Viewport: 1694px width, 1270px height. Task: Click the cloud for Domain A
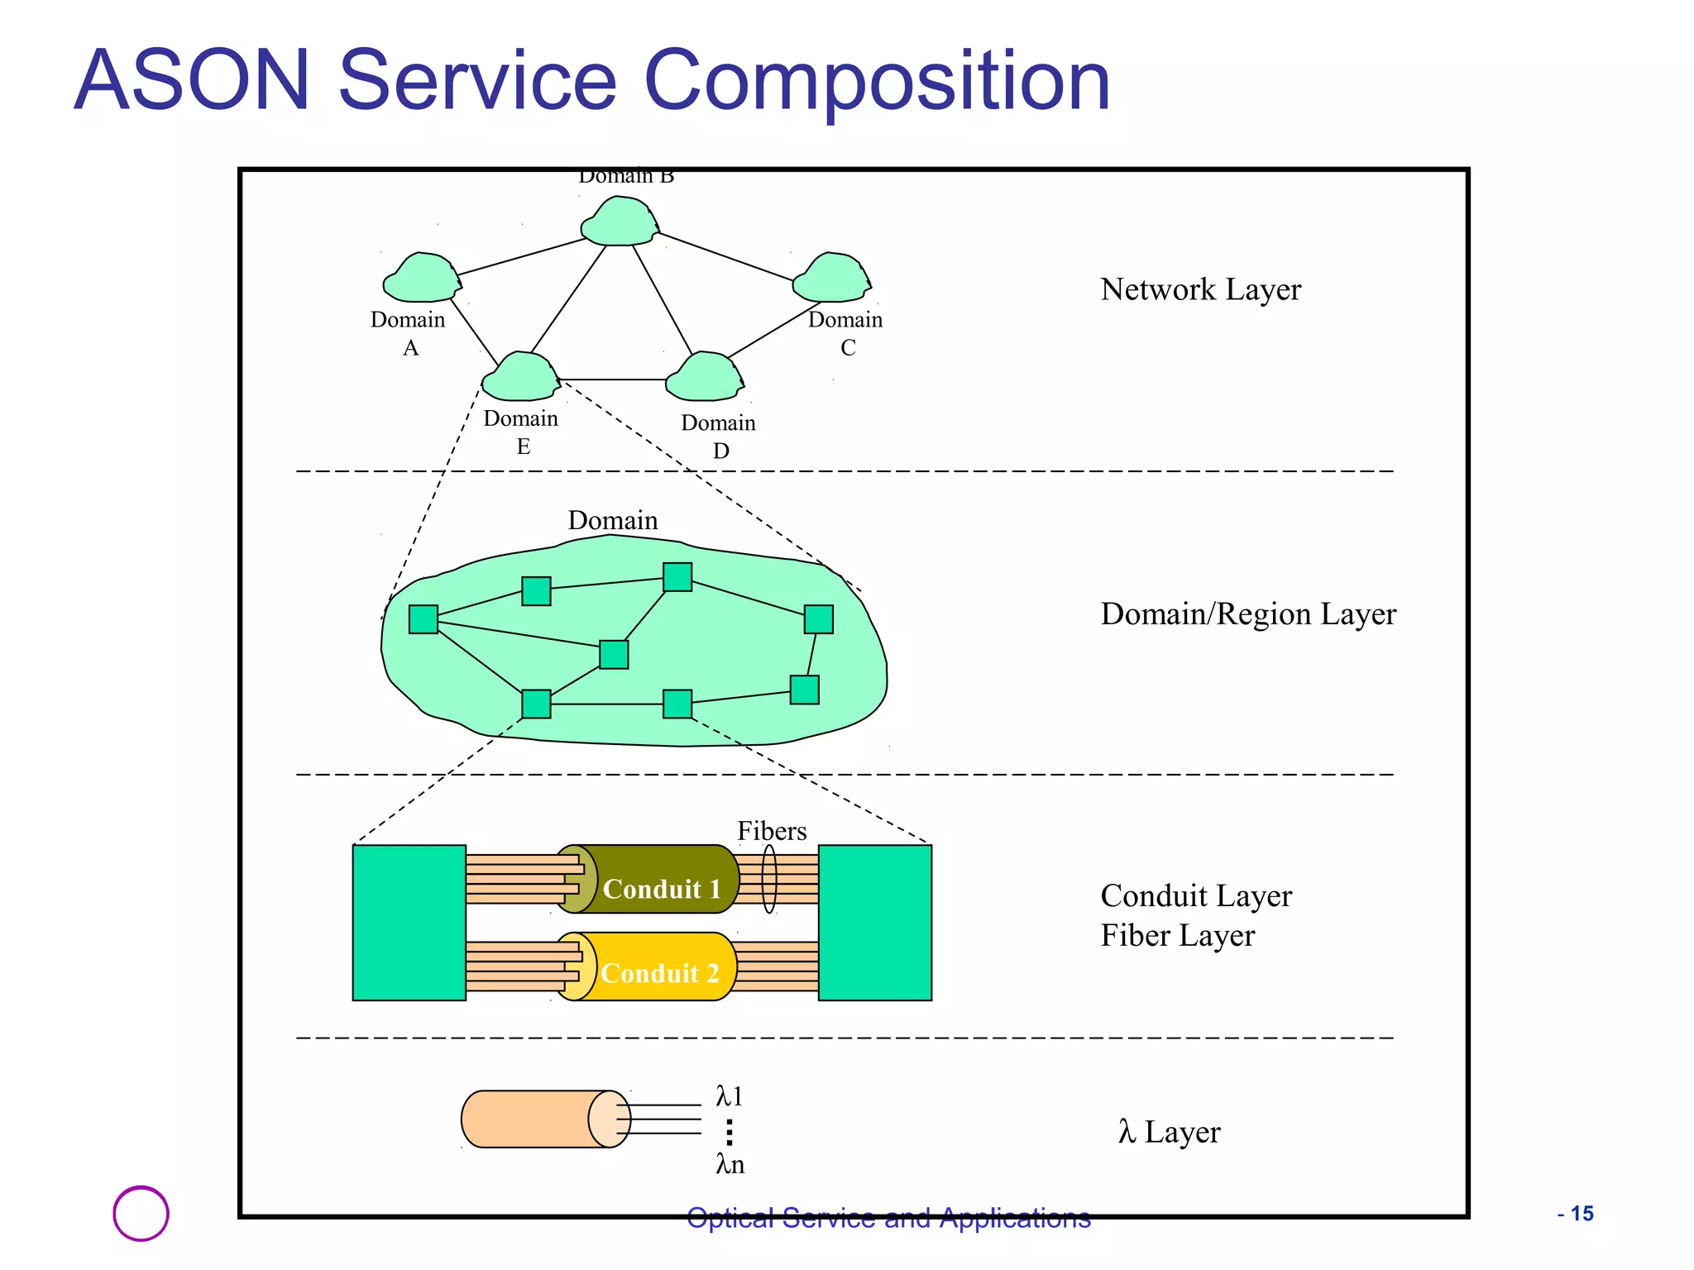point(420,279)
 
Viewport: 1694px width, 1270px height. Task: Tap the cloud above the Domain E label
point(520,378)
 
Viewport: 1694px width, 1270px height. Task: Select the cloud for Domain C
point(831,279)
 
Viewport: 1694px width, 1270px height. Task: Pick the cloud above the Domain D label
point(704,378)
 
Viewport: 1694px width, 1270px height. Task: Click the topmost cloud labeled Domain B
point(619,222)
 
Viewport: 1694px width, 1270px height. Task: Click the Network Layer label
point(1200,289)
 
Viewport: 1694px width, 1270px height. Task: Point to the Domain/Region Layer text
point(1247,614)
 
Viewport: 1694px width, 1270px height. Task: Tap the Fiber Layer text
point(1177,936)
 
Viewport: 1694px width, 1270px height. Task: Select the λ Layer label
point(1169,1132)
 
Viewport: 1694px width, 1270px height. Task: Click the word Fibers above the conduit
point(771,831)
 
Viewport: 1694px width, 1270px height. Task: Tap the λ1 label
point(730,1097)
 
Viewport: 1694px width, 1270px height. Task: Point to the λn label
point(730,1165)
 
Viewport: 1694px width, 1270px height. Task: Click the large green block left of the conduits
point(409,923)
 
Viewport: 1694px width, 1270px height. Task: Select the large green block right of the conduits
point(874,923)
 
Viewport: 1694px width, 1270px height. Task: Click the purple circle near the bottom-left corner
point(141,1213)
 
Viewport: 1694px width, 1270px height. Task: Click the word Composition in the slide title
point(876,81)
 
